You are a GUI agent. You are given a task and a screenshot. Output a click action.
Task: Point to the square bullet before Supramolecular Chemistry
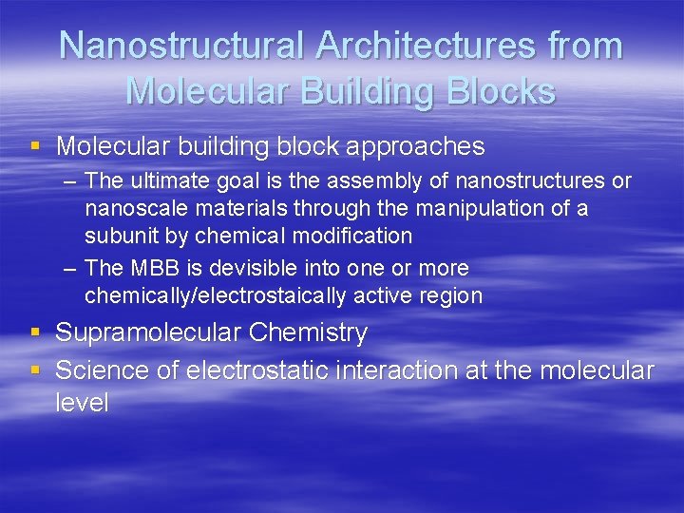(35, 332)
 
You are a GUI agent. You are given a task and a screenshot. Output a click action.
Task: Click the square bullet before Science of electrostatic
(35, 370)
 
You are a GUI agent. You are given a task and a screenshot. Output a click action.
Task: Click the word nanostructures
(531, 180)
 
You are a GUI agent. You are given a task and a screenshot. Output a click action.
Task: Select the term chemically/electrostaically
(216, 296)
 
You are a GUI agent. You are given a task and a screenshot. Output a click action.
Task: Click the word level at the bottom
(83, 403)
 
